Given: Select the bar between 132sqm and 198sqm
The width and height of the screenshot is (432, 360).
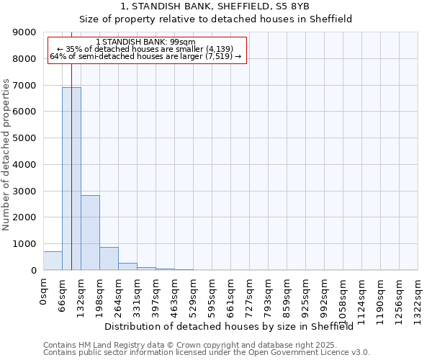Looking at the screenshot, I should click(90, 233).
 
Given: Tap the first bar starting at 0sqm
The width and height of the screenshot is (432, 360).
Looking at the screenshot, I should click(53, 261).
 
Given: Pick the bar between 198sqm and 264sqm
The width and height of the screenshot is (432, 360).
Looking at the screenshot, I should click(109, 258).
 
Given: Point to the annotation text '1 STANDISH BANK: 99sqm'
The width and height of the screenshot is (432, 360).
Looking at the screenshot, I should click(145, 42).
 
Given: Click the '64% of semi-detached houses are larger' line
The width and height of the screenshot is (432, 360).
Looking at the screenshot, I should click(145, 56).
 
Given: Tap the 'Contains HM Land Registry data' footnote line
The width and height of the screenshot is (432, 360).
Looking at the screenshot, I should click(186, 345).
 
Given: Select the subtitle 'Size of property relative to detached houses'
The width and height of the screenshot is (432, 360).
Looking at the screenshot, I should click(215, 19).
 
